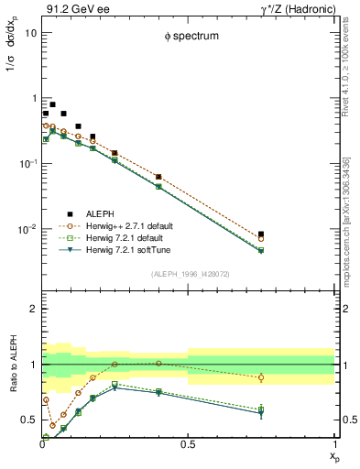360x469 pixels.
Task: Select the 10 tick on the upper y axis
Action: click(x=31, y=32)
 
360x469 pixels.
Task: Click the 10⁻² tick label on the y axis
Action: click(x=28, y=229)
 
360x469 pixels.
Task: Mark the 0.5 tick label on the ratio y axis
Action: click(x=28, y=420)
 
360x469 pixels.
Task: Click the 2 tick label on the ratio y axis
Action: click(x=34, y=310)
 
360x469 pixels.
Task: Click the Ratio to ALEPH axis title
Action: click(x=12, y=365)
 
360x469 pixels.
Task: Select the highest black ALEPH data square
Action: click(x=53, y=104)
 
